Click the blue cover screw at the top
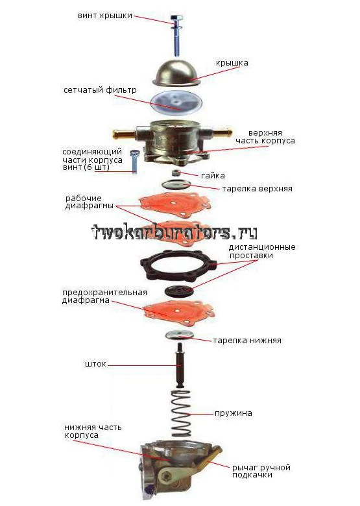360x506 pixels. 176,36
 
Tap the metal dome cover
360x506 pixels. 176,73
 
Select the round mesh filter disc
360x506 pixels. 176,102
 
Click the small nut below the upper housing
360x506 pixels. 176,173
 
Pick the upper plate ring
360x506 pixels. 176,185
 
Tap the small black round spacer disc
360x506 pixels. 179,291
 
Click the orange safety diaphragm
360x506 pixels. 178,311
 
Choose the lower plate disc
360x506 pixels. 180,335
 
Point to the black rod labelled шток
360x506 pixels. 180,365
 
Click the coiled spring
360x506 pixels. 180,413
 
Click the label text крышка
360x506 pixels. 232,63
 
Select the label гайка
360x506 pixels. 213,176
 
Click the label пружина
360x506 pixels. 234,413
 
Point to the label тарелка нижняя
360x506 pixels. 247,341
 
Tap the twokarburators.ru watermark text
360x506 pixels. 174,232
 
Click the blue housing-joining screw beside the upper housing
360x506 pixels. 134,162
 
